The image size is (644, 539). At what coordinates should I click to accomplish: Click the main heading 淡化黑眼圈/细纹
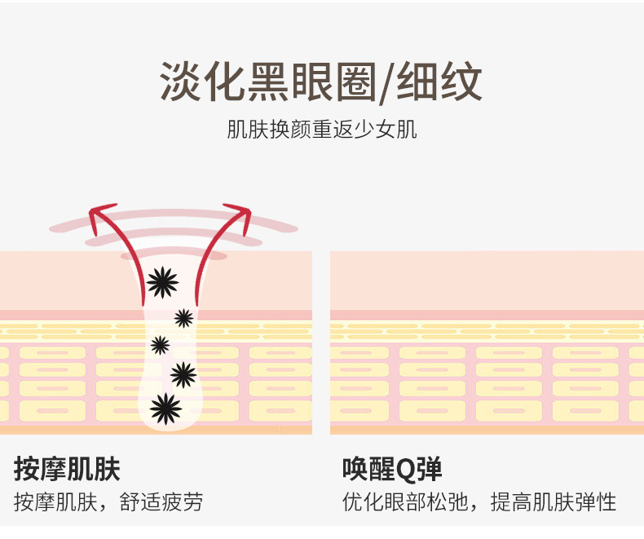click(x=320, y=82)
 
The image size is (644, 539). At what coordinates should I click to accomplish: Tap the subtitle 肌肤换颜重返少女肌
click(x=321, y=130)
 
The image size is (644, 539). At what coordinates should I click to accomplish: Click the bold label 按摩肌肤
click(x=67, y=469)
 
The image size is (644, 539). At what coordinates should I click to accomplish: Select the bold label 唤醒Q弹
click(x=392, y=469)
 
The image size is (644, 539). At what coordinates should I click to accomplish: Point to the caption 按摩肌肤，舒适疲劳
click(x=108, y=501)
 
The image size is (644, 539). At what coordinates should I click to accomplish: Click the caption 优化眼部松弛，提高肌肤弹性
click(x=479, y=501)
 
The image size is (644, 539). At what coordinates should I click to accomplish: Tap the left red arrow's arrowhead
click(x=100, y=216)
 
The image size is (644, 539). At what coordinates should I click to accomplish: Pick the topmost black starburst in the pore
click(x=163, y=282)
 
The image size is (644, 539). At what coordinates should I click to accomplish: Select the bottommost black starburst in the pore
click(x=165, y=409)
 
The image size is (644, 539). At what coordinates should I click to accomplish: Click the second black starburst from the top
click(x=183, y=318)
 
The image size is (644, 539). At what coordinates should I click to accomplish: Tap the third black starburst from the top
click(x=160, y=345)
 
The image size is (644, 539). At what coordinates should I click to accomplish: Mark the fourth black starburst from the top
click(x=183, y=374)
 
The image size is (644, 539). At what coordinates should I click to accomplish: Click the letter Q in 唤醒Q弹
click(x=404, y=470)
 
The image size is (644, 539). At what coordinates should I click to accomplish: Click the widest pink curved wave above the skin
click(x=174, y=219)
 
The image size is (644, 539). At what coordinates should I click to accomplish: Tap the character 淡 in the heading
click(x=180, y=82)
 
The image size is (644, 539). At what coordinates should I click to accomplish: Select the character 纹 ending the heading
click(x=461, y=82)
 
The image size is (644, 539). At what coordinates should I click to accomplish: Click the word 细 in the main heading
click(x=417, y=82)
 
